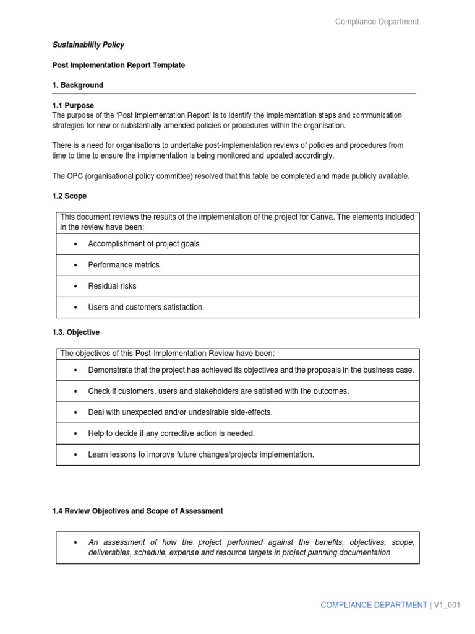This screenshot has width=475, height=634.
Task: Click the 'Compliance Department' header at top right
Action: pyautogui.click(x=377, y=22)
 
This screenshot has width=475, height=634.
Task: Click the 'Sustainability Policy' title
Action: pyautogui.click(x=88, y=45)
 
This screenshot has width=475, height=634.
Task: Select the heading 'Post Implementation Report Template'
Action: pyautogui.click(x=119, y=65)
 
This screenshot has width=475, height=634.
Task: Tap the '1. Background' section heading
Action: pyautogui.click(x=78, y=85)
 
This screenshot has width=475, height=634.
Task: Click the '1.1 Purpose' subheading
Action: pyautogui.click(x=73, y=106)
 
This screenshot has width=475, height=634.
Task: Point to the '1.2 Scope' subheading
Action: pyautogui.click(x=69, y=196)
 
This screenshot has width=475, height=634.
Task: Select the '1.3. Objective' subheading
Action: pyautogui.click(x=76, y=332)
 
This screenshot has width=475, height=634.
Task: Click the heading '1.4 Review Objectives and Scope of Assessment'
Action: pyautogui.click(x=138, y=511)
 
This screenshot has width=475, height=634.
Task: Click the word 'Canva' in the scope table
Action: pyautogui.click(x=350, y=217)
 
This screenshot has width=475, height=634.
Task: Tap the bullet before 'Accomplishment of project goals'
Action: pyautogui.click(x=75, y=244)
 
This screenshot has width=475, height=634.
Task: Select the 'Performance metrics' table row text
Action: pyautogui.click(x=124, y=265)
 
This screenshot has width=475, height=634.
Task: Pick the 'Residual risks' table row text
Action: pyautogui.click(x=112, y=286)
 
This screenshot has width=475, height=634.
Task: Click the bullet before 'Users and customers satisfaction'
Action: pyautogui.click(x=75, y=307)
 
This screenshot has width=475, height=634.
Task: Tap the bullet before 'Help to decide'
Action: pyautogui.click(x=75, y=433)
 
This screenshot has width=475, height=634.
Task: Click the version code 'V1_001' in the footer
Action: pyautogui.click(x=447, y=605)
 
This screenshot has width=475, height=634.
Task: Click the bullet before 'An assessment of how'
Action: pyautogui.click(x=75, y=542)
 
